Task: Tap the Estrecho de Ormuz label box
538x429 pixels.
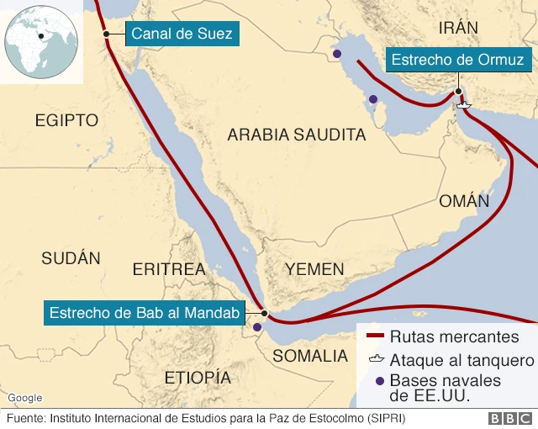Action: tap(458, 60)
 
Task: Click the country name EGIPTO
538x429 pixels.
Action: tap(67, 121)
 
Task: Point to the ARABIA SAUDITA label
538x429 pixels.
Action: tap(297, 135)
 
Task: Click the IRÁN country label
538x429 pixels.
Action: tap(458, 28)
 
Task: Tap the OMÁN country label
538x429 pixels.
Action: tap(463, 201)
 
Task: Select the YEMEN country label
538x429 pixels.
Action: tap(314, 270)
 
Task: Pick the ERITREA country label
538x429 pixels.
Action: tap(169, 270)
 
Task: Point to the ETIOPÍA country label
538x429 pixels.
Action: tap(198, 376)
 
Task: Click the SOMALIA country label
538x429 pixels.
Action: tap(310, 356)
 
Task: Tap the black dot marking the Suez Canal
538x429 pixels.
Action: tap(107, 34)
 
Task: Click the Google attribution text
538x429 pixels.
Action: tap(24, 397)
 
